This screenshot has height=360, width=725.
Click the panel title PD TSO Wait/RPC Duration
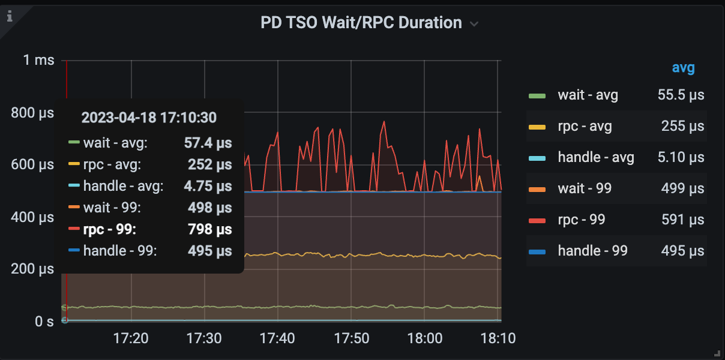361,23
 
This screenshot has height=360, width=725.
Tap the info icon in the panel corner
10,16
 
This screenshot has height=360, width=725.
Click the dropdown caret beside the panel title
474,24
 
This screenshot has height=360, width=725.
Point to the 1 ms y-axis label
38,60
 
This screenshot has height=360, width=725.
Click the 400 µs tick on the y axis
32,217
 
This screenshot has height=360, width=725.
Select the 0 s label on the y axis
44,322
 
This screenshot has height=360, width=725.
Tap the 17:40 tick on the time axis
277,338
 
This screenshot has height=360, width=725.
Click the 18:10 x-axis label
498,338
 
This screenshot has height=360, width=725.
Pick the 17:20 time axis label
131,338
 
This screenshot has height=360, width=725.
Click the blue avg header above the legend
683,68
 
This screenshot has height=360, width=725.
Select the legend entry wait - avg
588,95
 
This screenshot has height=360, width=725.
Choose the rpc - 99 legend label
581,220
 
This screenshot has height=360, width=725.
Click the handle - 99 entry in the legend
592,251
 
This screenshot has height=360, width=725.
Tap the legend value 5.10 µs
680,157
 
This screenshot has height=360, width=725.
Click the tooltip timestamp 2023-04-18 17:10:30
149,118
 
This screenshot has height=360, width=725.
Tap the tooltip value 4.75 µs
208,186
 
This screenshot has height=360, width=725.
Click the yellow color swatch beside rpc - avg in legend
537,127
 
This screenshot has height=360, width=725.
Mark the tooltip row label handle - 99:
120,251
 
